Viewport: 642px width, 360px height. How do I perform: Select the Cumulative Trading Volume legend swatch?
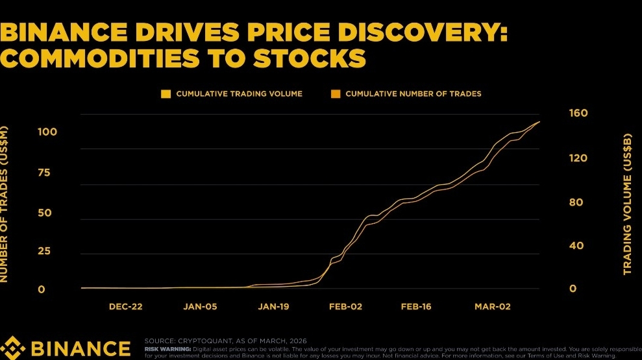pyautogui.click(x=166, y=94)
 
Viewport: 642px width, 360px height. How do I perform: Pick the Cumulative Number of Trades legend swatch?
pyautogui.click(x=336, y=94)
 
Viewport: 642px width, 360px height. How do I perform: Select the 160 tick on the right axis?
pyautogui.click(x=578, y=114)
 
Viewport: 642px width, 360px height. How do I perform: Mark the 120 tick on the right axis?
pyautogui.click(x=578, y=158)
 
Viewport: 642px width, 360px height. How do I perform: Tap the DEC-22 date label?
pyautogui.click(x=125, y=306)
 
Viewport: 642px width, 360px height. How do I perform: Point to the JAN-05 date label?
pyautogui.click(x=199, y=306)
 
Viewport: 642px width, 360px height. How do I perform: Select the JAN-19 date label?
pyautogui.click(x=273, y=306)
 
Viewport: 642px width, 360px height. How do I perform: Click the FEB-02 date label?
pyautogui.click(x=345, y=306)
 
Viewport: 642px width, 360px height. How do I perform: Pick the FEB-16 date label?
pyautogui.click(x=417, y=306)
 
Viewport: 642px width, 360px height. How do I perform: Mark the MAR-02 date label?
pyautogui.click(x=491, y=306)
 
